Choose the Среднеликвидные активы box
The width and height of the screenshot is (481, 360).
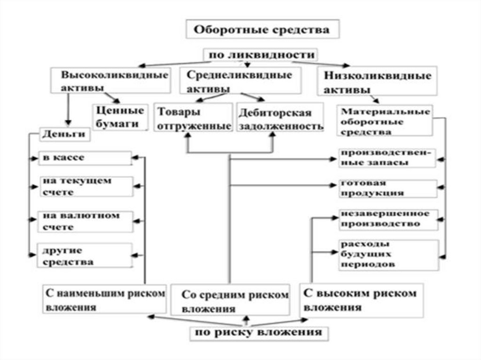tap(239, 81)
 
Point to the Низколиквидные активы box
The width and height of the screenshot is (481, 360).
tap(377, 82)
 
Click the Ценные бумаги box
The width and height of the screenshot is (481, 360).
tap(120, 117)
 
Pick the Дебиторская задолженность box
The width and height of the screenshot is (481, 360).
tap(280, 119)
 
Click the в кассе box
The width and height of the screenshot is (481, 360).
tap(85, 158)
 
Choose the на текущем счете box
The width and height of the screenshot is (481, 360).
tap(85, 186)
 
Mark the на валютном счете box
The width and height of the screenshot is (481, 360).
tap(85, 221)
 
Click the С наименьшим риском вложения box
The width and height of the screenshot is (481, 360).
tap(104, 299)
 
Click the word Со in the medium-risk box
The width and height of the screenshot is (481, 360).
tap(189, 296)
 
